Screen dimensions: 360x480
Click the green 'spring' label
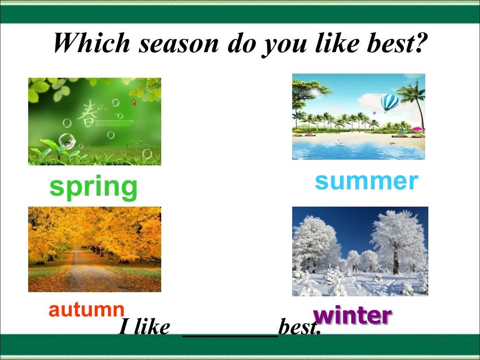click(94, 187)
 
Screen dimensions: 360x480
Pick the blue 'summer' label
click(366, 181)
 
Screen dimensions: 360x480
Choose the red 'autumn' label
click(87, 309)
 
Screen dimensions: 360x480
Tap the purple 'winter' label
click(352, 316)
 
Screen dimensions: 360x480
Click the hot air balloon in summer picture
click(389, 103)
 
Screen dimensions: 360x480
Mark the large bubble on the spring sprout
click(66, 140)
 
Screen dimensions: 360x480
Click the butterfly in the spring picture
click(134, 102)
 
